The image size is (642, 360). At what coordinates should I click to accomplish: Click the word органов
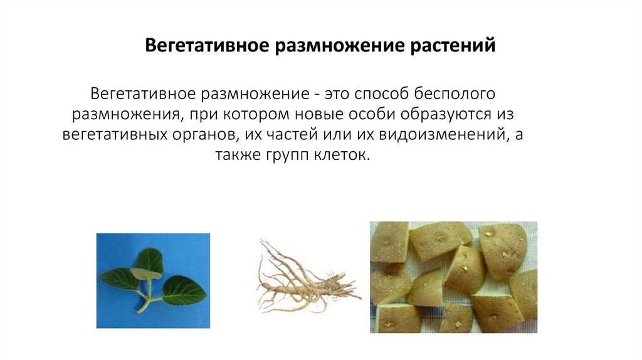pos(202,135)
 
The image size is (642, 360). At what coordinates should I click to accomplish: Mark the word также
pos(241,156)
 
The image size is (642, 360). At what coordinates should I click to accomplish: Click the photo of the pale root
pos(307,279)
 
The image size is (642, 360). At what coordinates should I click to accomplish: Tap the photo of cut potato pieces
pos(453,277)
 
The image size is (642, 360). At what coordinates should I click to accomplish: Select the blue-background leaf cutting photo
pos(153,280)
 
